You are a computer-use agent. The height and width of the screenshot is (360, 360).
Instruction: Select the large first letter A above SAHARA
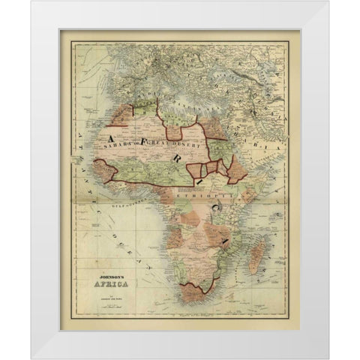pyautogui.click(x=113, y=139)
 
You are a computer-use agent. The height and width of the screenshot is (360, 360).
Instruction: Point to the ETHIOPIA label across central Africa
pyautogui.click(x=197, y=193)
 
